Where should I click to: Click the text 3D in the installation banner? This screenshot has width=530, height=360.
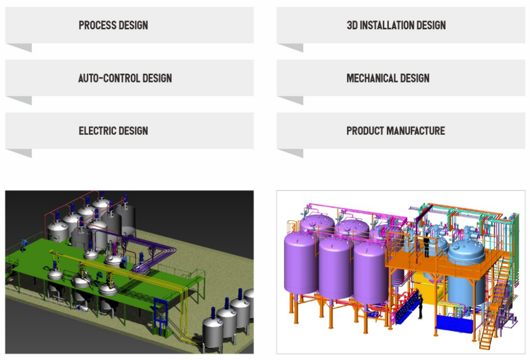pos(352,25)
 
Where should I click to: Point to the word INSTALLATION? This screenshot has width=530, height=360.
pos(386,25)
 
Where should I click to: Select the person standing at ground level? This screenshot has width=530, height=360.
pos(420,306)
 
